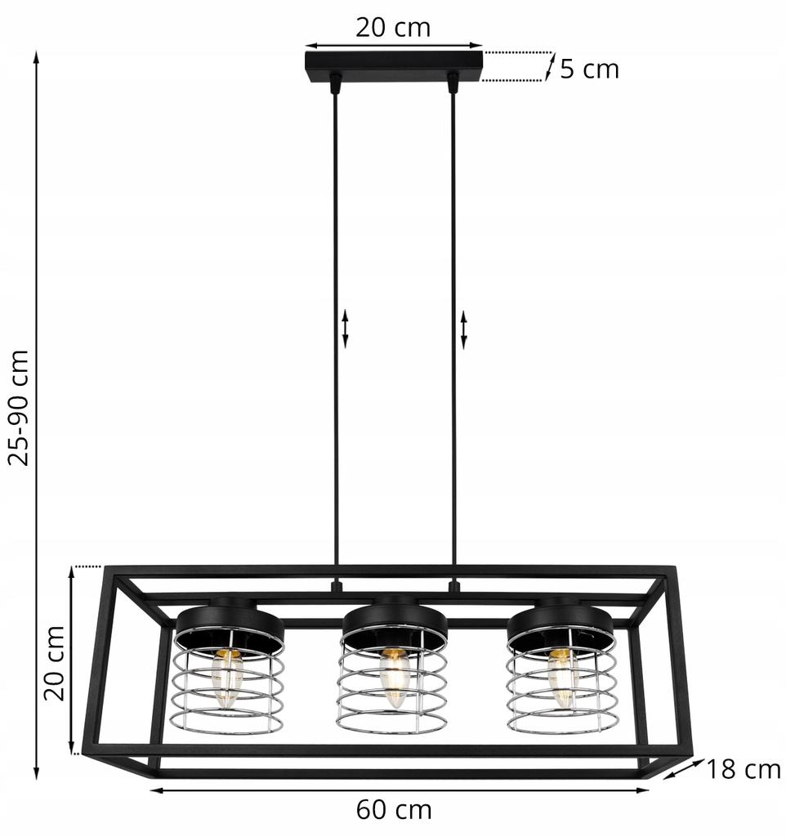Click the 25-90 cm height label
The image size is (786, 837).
(18, 407)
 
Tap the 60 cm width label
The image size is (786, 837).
(394, 810)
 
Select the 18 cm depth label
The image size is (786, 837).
(744, 769)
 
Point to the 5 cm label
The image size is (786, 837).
(589, 69)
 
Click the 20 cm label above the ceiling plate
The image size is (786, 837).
(393, 27)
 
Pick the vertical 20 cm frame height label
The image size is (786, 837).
(54, 662)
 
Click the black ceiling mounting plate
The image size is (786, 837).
(393, 64)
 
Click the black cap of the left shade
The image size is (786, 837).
(230, 626)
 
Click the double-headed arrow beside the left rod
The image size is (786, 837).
(345, 329)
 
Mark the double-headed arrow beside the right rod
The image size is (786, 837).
(464, 329)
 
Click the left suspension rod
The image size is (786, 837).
(334, 327)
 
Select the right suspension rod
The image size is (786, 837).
(453, 327)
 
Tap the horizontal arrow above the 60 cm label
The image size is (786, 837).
(400, 790)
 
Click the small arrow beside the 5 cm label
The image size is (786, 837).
(551, 66)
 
